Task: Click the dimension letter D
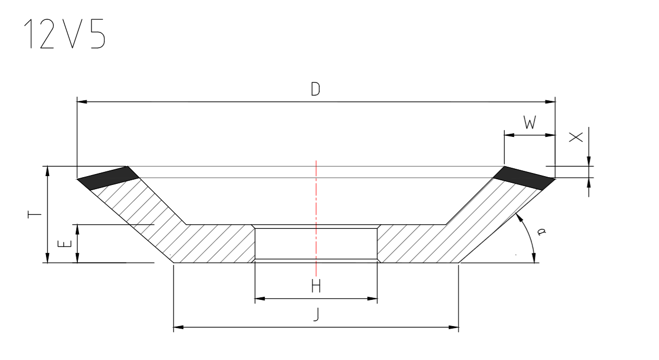315,89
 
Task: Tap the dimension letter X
575,137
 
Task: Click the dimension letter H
316,286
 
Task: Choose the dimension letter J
316,315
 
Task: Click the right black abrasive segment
523,178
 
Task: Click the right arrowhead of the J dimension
454,328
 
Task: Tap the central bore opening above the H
316,243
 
